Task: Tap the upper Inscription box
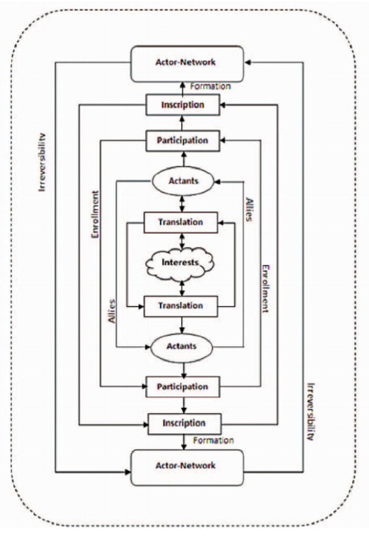click(x=182, y=105)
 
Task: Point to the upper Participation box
click(x=182, y=141)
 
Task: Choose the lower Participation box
click(x=182, y=387)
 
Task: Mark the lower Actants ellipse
click(x=182, y=346)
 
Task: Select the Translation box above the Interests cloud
click(x=180, y=222)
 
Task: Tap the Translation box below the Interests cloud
click(x=180, y=306)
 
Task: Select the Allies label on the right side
click(x=249, y=209)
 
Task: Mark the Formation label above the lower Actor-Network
click(x=212, y=440)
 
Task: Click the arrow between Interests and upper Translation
click(x=182, y=240)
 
